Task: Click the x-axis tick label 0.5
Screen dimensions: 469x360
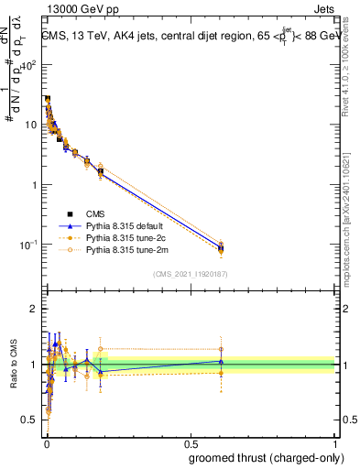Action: click(x=190, y=442)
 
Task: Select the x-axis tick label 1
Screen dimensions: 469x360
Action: click(x=334, y=442)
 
